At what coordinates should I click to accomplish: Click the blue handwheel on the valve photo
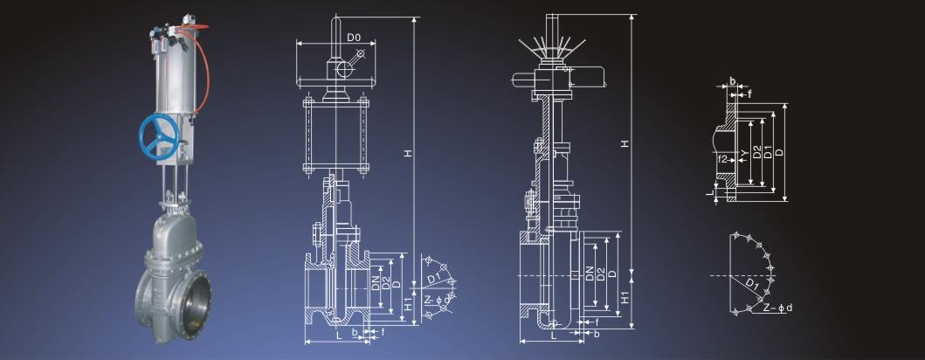(x=158, y=137)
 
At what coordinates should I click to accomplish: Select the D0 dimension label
(x=354, y=38)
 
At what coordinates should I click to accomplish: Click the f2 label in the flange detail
(x=723, y=158)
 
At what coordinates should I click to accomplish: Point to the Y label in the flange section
(x=744, y=154)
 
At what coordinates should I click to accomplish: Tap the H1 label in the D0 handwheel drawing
(x=408, y=305)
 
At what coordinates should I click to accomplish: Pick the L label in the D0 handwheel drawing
(x=339, y=335)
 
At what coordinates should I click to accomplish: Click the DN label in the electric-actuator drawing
(x=590, y=273)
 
